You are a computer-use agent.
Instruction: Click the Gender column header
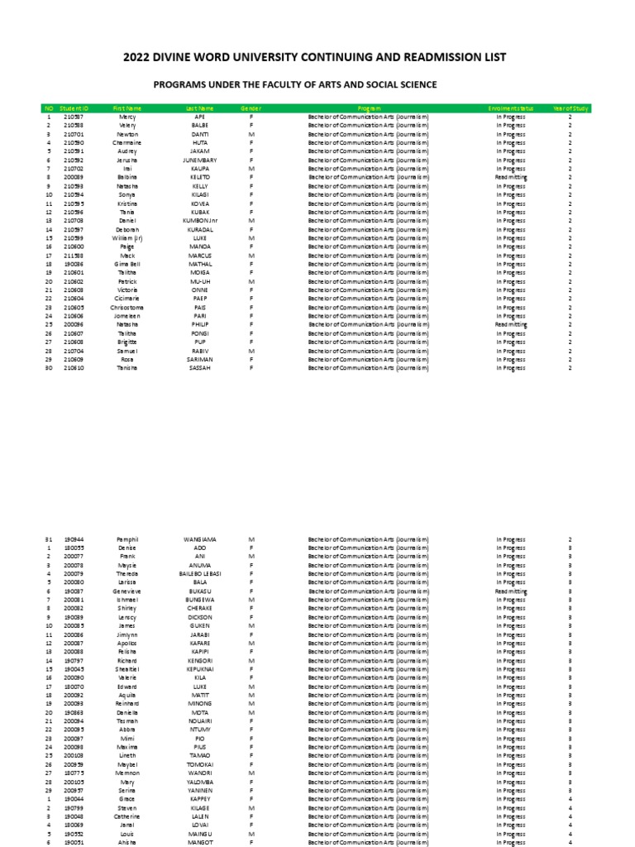coord(251,108)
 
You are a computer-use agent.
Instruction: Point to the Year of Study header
coord(570,108)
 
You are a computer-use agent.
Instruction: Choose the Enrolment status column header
coord(511,108)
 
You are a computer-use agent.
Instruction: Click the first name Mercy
coord(127,117)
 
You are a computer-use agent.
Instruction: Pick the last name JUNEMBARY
coord(199,160)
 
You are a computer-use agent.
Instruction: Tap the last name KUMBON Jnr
coord(199,221)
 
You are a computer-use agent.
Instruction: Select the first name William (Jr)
coord(127,238)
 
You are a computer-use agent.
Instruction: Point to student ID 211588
coord(74,256)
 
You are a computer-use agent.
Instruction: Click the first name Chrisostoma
coord(127,308)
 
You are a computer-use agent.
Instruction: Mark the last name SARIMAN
coord(199,360)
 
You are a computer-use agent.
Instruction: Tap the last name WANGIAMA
coord(199,539)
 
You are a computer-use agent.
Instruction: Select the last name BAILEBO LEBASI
coord(199,574)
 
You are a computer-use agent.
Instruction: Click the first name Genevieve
coord(127,591)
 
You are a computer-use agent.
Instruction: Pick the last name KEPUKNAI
coord(199,669)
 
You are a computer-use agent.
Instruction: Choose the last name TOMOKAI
coord(199,765)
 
